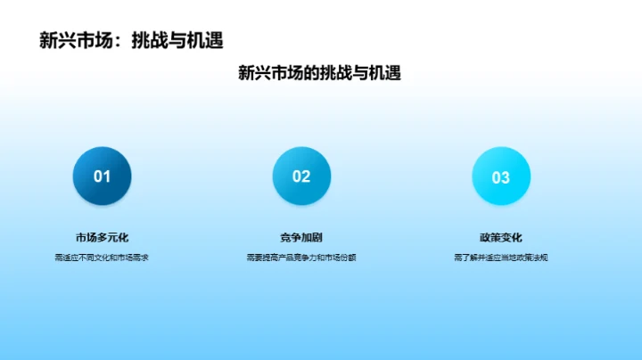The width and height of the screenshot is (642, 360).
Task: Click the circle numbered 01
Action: (102, 176)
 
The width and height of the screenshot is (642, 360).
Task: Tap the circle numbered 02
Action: (301, 176)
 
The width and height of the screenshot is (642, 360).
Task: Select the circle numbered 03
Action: (500, 176)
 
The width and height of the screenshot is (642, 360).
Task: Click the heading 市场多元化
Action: (102, 237)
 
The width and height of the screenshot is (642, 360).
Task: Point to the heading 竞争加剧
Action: (301, 237)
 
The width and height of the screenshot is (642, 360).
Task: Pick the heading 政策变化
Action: (500, 237)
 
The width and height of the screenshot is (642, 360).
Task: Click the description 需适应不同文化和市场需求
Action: (102, 258)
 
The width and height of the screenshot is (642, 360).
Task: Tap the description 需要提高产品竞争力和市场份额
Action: (301, 258)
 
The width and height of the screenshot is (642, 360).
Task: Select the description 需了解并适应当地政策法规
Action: (500, 258)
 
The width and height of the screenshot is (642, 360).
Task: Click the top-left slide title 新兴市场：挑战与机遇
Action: (131, 40)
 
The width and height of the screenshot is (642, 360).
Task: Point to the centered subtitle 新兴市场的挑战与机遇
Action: (319, 73)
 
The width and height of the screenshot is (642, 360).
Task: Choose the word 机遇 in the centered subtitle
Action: (383, 73)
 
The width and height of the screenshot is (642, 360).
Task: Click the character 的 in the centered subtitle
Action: (311, 73)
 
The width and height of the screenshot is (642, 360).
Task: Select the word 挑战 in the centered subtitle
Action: (336, 73)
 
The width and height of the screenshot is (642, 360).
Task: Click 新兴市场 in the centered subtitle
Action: (270, 73)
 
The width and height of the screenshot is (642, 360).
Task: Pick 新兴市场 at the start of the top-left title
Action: (76, 40)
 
